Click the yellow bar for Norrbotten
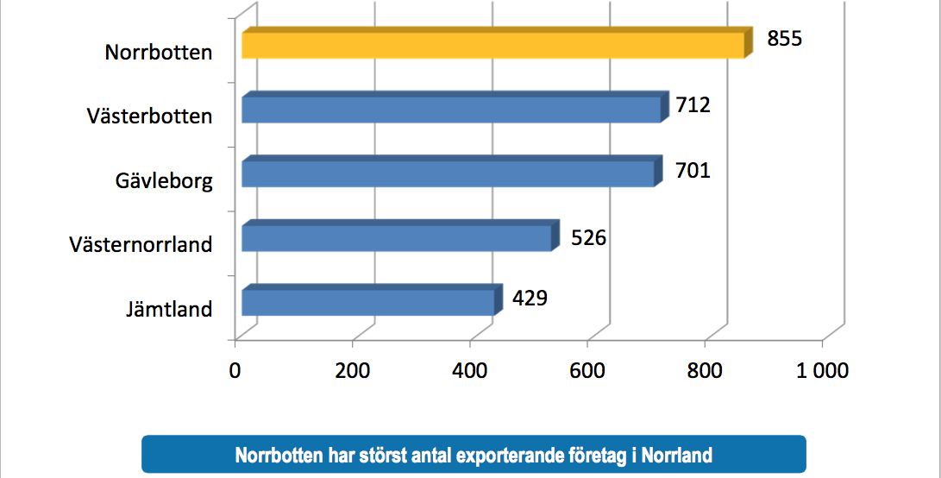492,46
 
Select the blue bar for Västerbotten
450,110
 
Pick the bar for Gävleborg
447,173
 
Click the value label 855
785,40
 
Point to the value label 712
693,105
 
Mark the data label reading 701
693,170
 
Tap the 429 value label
530,298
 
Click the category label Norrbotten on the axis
159,53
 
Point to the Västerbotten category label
149,116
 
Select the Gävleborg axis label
164,181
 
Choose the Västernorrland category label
141,245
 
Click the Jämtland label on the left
168,309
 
